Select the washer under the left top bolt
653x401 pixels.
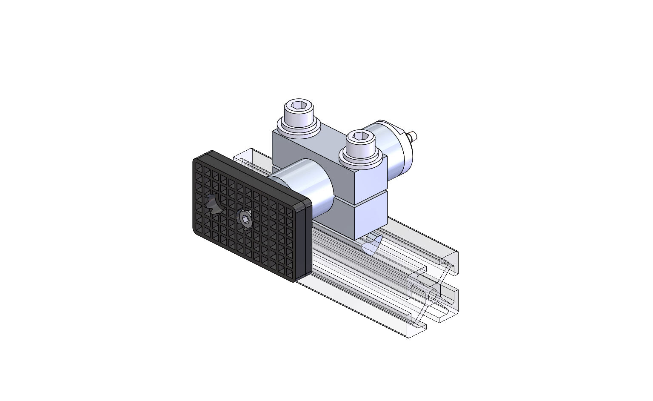coord(298,127)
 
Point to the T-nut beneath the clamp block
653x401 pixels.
coord(370,245)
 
